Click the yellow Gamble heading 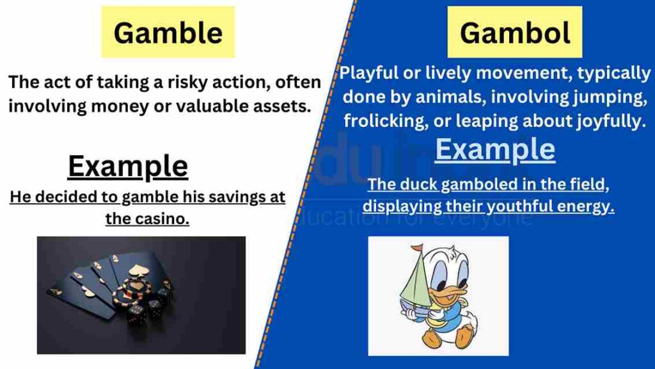(168, 32)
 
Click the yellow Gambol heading (514, 33)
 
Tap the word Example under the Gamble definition (127, 167)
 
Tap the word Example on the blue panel (495, 149)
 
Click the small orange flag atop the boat (417, 247)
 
